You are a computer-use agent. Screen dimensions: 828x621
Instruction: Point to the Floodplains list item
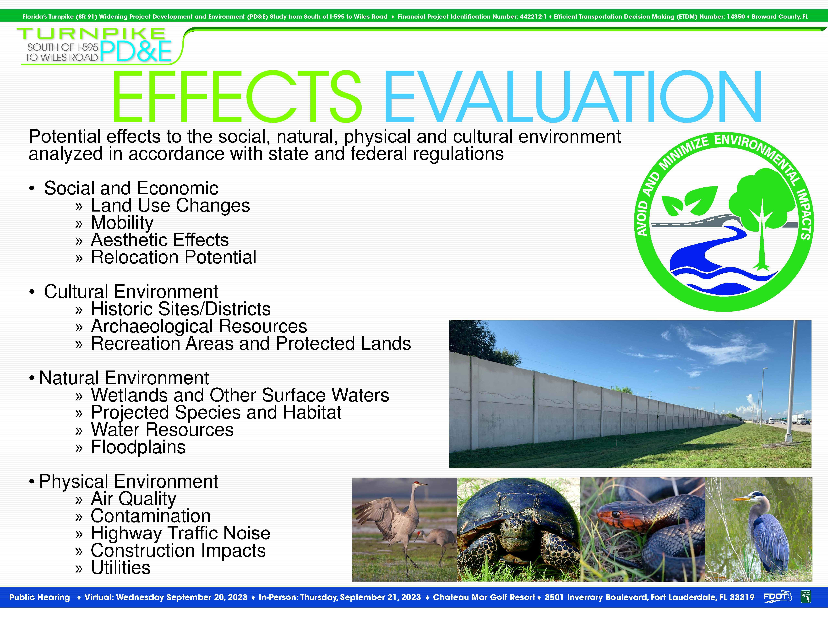click(x=138, y=447)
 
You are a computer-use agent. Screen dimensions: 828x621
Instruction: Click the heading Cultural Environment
click(x=131, y=292)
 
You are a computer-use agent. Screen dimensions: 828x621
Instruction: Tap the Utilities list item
click(x=120, y=568)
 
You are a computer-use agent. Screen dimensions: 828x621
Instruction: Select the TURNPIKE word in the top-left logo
click(x=91, y=34)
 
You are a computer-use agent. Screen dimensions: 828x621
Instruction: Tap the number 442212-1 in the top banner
click(x=533, y=16)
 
